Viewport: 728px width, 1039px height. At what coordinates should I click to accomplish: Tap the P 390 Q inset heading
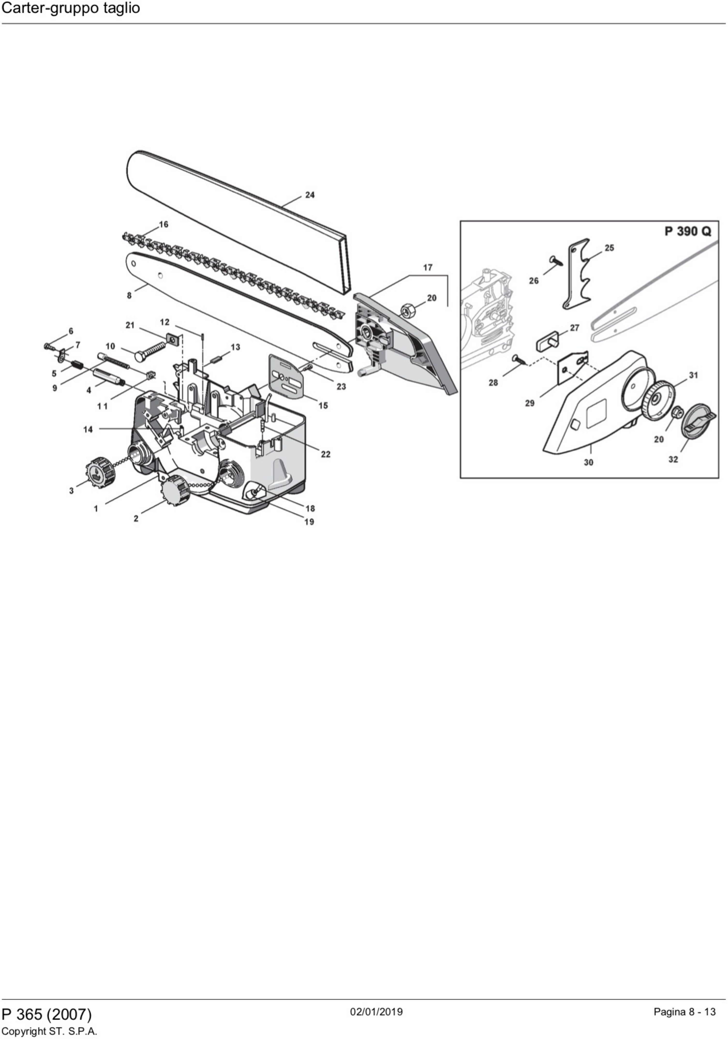point(687,231)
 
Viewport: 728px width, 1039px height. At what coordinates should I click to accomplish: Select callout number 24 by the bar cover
point(310,195)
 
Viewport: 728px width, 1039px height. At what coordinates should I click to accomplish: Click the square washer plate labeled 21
point(172,338)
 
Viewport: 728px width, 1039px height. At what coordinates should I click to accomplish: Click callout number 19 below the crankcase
point(309,522)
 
